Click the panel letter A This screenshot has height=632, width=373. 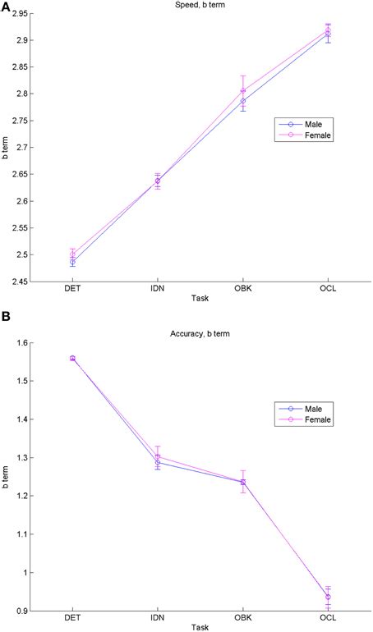tap(6, 7)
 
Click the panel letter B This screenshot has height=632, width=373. tap(6, 315)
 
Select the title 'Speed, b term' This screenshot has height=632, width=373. tap(200, 6)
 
